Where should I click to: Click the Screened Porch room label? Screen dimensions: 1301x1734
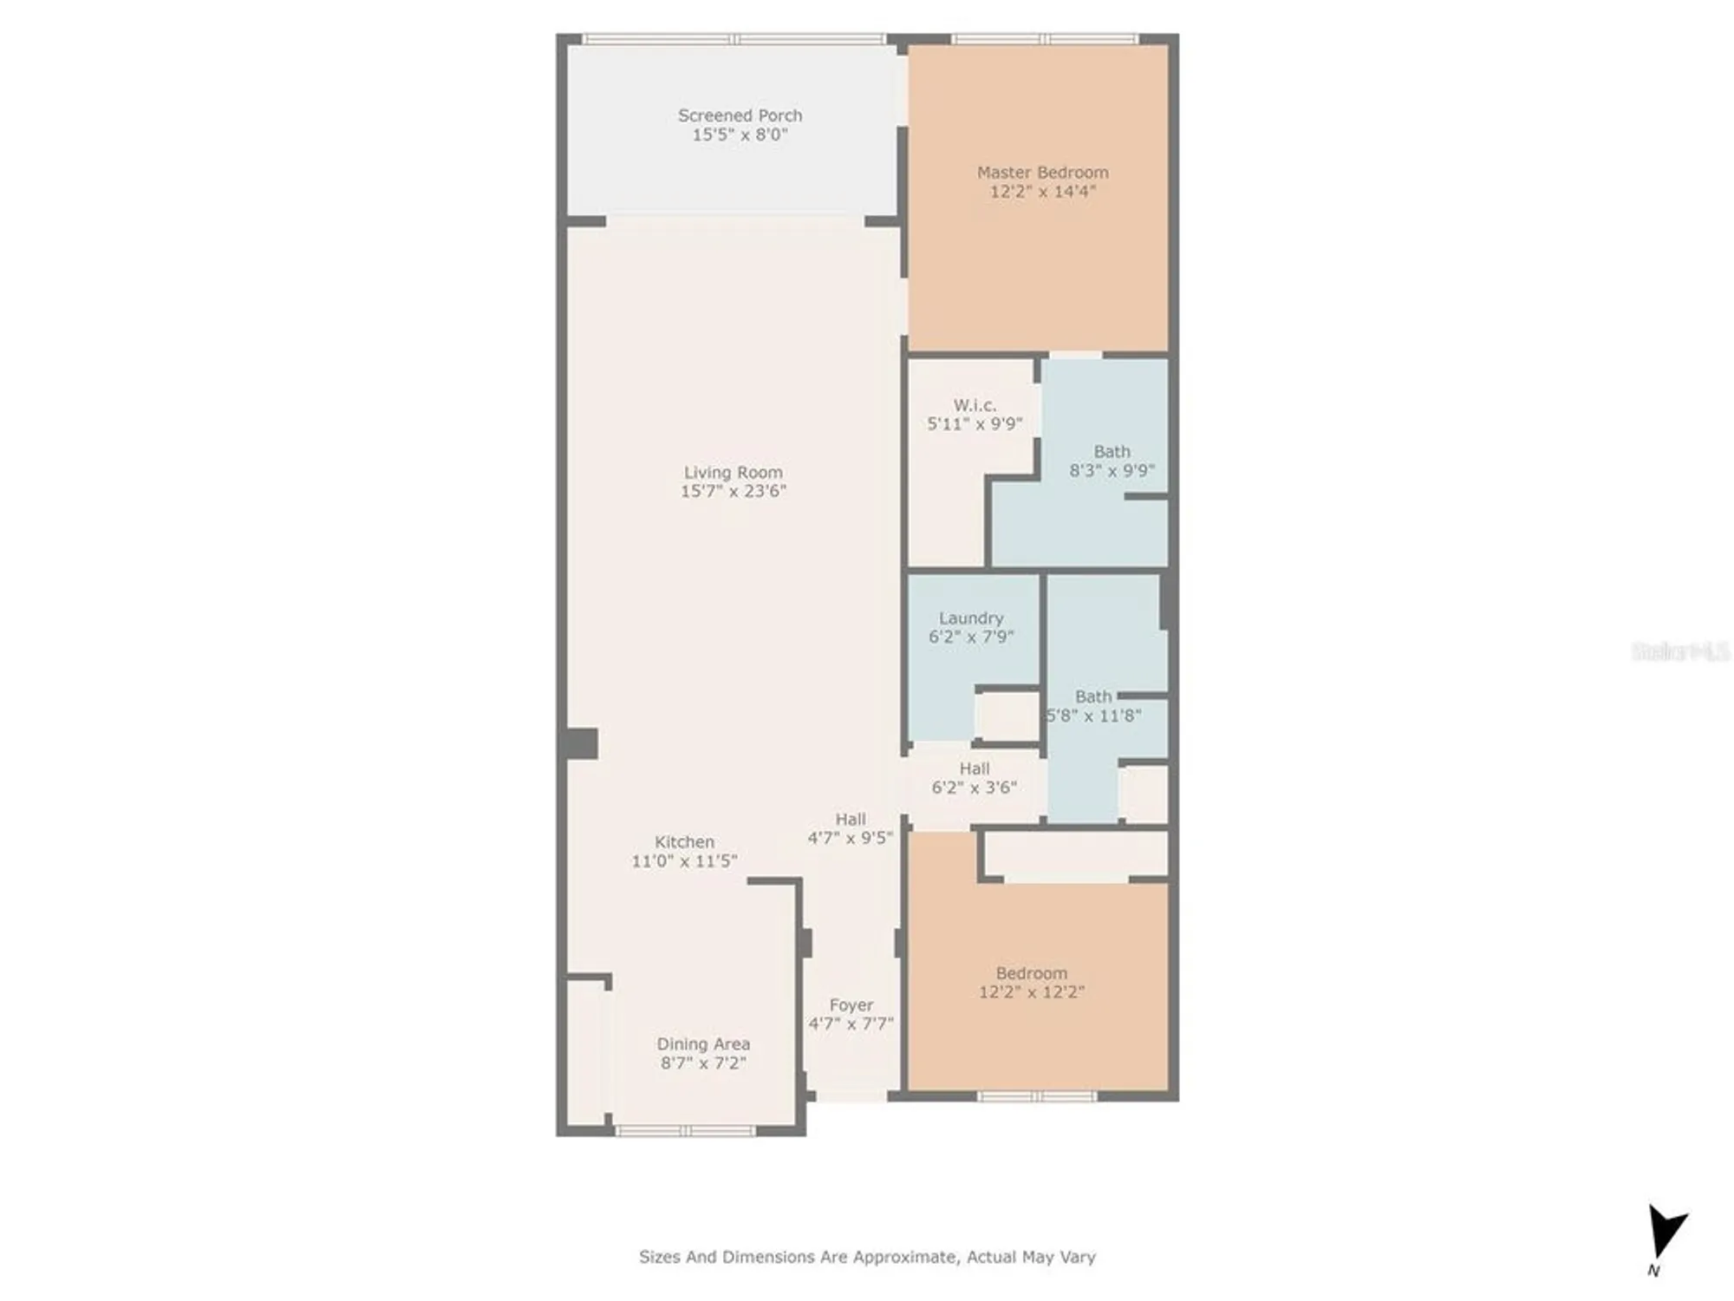point(740,115)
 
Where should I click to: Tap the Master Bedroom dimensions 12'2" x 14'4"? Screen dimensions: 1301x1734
point(1042,192)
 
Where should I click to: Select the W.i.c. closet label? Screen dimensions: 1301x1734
point(975,405)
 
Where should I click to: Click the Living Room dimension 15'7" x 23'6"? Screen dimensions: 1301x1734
point(733,491)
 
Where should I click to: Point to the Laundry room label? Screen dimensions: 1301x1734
point(971,618)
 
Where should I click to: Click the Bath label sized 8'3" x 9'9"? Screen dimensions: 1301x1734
point(1111,452)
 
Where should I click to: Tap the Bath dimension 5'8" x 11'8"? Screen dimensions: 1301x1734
point(1093,716)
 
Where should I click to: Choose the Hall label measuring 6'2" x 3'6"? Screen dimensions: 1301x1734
point(975,768)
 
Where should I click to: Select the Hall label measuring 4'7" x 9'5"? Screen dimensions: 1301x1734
point(851,819)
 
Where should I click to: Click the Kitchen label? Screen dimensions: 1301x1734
point(684,841)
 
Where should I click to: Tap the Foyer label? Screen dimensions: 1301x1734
point(851,1004)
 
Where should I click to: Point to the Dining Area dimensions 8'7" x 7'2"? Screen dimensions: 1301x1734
point(703,1062)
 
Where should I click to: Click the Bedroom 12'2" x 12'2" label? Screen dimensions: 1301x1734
point(1031,973)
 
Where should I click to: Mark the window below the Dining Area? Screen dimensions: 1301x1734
point(685,1130)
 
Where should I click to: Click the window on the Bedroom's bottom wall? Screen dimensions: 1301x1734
point(1037,1096)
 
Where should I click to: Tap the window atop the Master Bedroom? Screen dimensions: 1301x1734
point(1044,39)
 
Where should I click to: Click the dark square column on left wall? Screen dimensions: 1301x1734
point(581,744)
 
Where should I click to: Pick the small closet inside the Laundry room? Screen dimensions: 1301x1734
point(1007,716)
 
